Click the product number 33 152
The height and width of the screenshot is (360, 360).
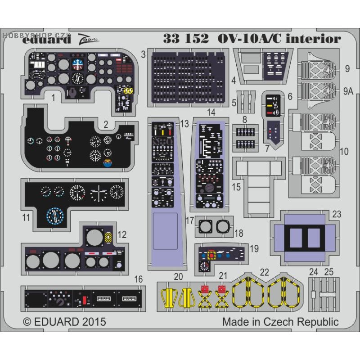[186, 39]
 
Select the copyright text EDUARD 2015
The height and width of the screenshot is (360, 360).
[64, 322]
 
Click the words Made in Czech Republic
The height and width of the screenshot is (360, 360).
[280, 322]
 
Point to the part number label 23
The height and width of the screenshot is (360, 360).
[337, 215]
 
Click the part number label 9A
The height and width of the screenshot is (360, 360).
[347, 91]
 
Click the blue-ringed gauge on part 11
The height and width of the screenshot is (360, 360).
[55, 216]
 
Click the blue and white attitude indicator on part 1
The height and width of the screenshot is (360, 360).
[78, 64]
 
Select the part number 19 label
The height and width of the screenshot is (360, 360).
[254, 248]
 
